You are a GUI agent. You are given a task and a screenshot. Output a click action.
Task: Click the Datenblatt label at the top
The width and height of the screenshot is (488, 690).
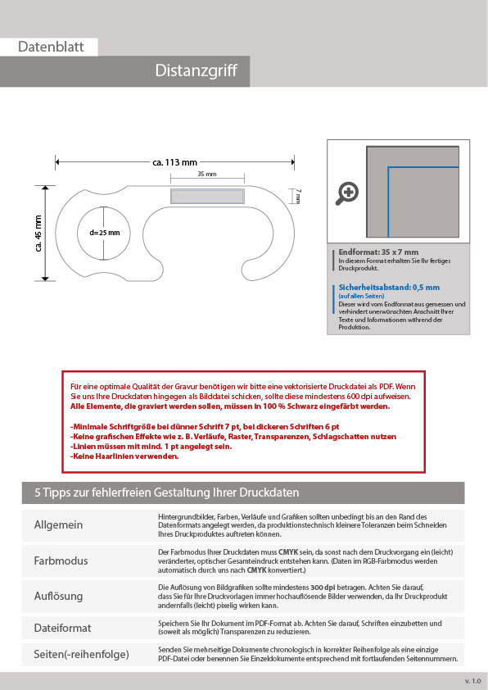(x=51, y=47)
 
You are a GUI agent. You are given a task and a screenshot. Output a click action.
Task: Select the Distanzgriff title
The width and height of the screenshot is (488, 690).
(x=196, y=70)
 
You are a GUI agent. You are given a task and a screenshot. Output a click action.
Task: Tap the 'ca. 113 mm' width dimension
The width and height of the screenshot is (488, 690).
(x=175, y=162)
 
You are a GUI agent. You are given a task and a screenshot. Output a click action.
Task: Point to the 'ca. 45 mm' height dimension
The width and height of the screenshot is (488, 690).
(x=38, y=234)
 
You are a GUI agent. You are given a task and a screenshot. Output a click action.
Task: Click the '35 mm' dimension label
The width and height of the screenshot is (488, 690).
(x=206, y=174)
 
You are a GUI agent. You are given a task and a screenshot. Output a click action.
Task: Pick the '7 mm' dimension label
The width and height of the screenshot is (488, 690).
(x=299, y=196)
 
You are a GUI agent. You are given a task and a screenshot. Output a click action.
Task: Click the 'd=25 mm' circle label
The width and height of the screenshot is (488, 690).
(x=105, y=233)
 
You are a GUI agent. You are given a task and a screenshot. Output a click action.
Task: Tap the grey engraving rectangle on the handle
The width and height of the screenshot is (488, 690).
(x=207, y=196)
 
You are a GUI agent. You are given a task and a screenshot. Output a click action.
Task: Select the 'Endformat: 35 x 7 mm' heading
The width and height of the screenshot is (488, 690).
(x=378, y=252)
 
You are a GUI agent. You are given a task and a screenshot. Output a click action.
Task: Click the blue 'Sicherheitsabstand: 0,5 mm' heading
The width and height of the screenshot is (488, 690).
(x=389, y=288)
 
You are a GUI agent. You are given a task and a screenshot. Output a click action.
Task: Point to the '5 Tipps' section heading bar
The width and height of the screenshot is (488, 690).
(x=243, y=493)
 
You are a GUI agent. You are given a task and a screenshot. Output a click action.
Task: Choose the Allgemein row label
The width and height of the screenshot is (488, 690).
(x=58, y=525)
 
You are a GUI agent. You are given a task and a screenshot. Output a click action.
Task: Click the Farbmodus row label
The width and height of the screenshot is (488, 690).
(x=61, y=561)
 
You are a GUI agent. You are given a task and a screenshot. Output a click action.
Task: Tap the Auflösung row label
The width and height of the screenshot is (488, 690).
(x=58, y=596)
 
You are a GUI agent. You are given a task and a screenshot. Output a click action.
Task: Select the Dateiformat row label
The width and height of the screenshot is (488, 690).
(x=62, y=628)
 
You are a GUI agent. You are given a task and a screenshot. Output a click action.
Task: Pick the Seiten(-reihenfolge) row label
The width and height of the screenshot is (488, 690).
(x=81, y=655)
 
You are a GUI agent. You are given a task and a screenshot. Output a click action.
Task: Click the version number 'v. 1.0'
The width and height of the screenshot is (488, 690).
(x=472, y=681)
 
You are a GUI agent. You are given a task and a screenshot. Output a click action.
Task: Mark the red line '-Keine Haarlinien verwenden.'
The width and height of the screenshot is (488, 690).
(x=124, y=456)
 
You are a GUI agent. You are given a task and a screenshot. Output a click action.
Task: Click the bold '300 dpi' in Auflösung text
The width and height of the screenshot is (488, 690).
(x=323, y=588)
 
